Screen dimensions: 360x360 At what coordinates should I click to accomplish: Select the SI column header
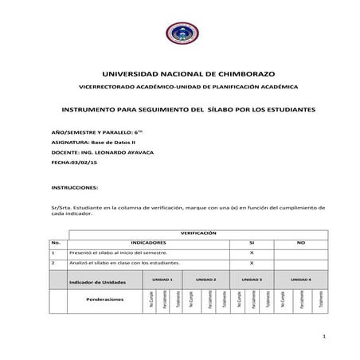tap(252, 241)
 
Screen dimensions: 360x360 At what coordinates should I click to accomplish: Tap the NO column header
tap(300, 241)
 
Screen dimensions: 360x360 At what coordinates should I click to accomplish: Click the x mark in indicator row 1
tap(252, 252)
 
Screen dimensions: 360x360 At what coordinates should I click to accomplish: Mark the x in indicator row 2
tap(252, 262)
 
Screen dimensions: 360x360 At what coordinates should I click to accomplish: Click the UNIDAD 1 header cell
tap(162, 280)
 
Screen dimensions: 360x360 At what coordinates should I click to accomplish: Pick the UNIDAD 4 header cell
tap(301, 280)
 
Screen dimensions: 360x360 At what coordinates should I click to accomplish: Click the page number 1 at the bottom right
tap(325, 338)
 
